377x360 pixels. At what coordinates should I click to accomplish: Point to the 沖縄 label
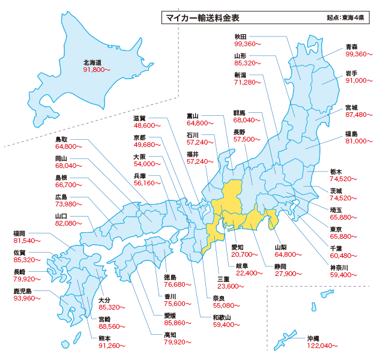pos(312,338)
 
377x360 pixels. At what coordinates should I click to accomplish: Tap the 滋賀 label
pos(140,118)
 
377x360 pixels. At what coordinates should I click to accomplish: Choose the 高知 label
pos(170,335)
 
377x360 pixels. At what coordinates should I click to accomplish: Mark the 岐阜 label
pos(243,266)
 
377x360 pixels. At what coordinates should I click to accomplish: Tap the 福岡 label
pos(19,233)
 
